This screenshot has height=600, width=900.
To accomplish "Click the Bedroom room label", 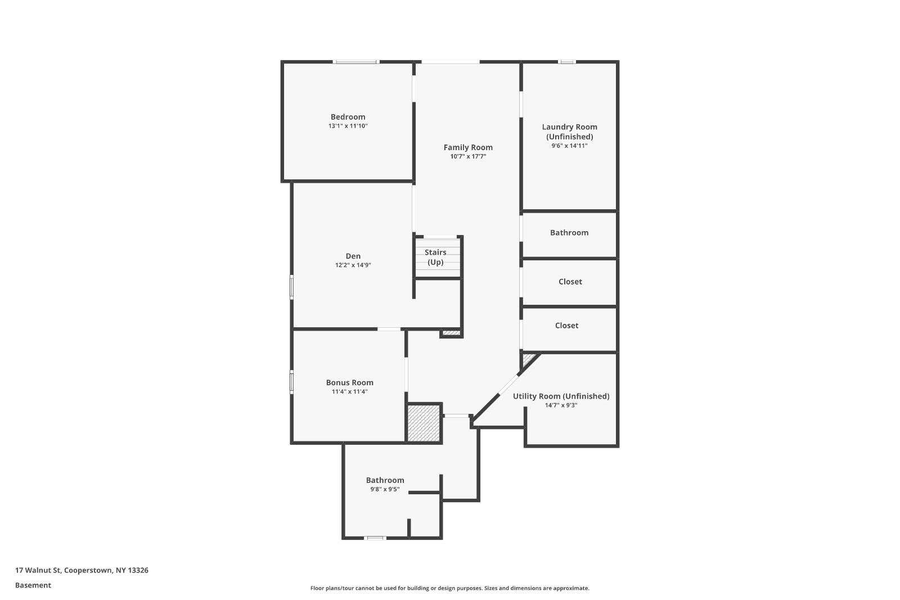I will coord(348,117).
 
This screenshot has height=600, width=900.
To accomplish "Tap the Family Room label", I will coord(468,147).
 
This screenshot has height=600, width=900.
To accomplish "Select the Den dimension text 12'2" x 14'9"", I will coord(353,265).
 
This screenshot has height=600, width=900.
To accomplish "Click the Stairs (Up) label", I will coord(435,257).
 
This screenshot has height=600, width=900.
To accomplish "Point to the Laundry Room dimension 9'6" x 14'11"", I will coord(569,146).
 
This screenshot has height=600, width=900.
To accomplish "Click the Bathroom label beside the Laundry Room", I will coord(569,233).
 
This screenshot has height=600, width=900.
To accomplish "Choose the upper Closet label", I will coord(570,282).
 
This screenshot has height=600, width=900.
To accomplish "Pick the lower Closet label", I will coord(566,326).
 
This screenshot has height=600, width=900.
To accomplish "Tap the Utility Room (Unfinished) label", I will coord(561,396).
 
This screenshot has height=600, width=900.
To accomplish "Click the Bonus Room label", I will coord(349,383).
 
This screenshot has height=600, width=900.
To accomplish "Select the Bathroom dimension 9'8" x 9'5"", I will coord(385,489).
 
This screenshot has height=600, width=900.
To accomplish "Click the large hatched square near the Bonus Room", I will coord(424,423).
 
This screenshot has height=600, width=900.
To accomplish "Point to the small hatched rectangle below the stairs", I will coord(451,333).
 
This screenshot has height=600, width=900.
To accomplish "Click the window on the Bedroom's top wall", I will coord(355,62).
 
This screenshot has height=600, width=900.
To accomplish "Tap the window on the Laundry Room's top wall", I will coord(567,62).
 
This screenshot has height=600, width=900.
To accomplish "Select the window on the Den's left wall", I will coord(292,287).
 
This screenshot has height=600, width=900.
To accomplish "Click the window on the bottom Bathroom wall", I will coord(375,538).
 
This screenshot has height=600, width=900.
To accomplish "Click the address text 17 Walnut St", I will coord(38,570).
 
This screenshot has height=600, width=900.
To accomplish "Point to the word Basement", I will coord(33,585).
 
